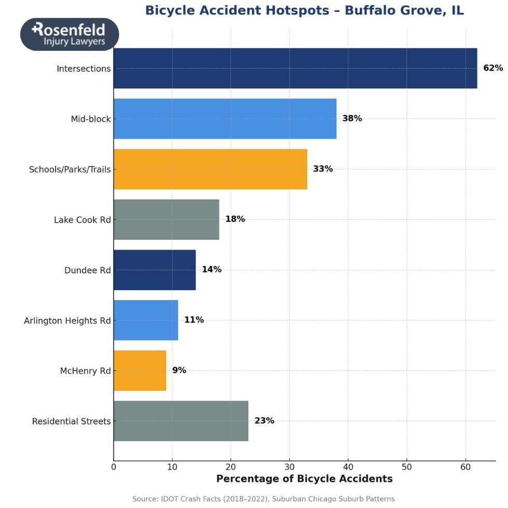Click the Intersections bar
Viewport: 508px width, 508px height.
click(295, 68)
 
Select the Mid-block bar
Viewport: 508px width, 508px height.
click(224, 119)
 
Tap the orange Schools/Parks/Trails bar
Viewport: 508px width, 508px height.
click(210, 169)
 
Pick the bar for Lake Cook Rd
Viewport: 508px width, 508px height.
click(166, 219)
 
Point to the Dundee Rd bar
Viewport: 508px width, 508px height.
click(154, 270)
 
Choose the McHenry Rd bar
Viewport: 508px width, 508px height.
click(139, 371)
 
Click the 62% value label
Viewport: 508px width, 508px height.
click(493, 68)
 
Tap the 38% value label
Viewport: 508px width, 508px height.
click(352, 118)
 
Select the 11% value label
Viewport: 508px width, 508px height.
click(194, 320)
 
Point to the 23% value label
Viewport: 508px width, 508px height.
click(264, 420)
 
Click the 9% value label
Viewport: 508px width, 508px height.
click(179, 370)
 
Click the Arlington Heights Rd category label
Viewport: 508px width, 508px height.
click(67, 321)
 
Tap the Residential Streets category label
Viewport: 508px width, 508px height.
click(72, 421)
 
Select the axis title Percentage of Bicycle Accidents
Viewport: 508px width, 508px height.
click(304, 479)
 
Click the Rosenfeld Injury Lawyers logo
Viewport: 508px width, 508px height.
click(69, 34)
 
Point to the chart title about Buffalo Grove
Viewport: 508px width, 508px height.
click(304, 10)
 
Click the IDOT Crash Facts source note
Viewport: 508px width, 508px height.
click(263, 499)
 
